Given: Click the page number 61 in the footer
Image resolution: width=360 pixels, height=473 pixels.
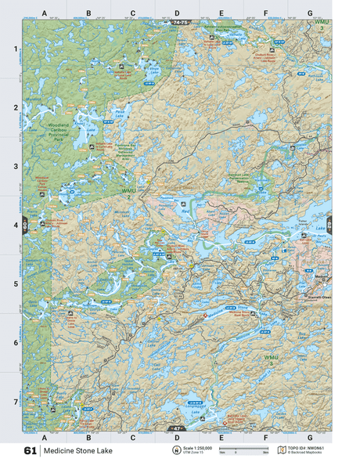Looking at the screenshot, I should [x=31, y=451].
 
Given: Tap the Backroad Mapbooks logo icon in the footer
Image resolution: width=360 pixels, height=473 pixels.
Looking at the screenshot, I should [x=283, y=450].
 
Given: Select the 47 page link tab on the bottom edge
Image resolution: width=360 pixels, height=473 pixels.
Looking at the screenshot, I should [x=177, y=429].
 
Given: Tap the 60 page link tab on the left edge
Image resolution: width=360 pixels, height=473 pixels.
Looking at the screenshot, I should [x=25, y=225].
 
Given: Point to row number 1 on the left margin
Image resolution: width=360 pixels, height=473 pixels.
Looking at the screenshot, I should [x=13, y=49].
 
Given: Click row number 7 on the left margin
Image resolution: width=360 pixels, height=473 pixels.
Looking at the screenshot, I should [x=13, y=402].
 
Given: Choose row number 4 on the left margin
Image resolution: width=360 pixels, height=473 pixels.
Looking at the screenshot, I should [x=13, y=226].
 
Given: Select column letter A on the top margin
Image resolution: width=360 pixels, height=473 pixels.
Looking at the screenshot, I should [x=45, y=13].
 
